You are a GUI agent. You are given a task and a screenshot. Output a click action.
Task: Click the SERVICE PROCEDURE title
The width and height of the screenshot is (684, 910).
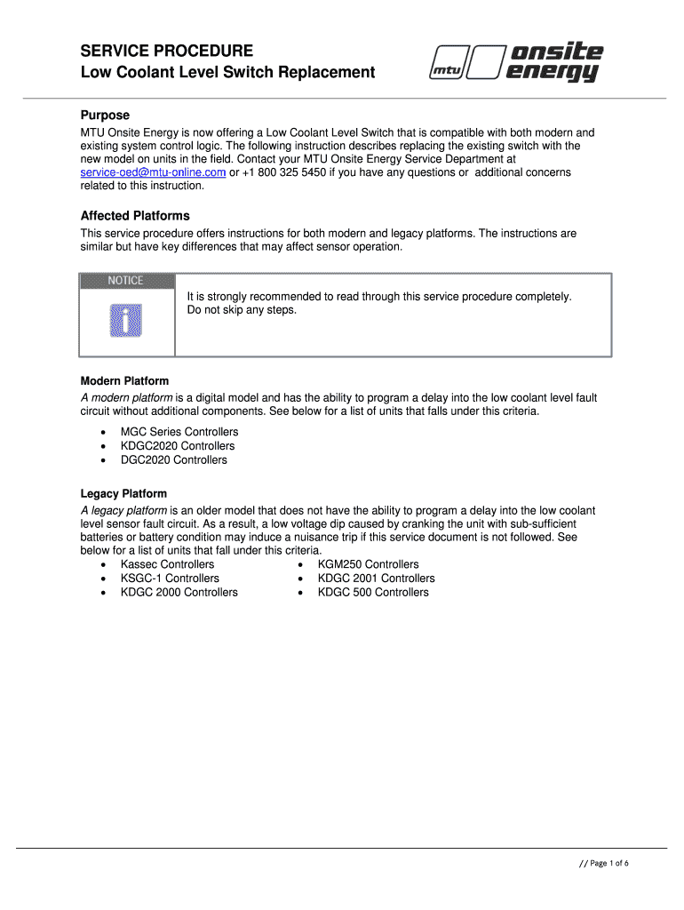[x=167, y=51]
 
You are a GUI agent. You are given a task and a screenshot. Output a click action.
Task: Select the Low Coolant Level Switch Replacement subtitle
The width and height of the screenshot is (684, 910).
[x=227, y=73]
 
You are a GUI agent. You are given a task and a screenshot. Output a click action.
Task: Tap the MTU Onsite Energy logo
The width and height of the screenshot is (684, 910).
[x=516, y=64]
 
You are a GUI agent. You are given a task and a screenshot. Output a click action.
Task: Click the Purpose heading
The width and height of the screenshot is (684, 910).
[x=105, y=116]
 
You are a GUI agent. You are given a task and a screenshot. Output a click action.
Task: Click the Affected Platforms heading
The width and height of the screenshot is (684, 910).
[x=135, y=216]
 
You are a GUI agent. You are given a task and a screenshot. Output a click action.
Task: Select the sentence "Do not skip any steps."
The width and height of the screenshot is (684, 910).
[x=242, y=310]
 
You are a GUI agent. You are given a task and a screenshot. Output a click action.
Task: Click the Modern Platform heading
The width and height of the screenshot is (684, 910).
[x=124, y=381]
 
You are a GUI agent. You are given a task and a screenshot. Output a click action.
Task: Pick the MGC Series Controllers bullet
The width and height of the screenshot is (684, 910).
[x=179, y=432]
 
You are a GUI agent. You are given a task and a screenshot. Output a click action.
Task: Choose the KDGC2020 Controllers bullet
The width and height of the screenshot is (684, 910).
[x=178, y=446]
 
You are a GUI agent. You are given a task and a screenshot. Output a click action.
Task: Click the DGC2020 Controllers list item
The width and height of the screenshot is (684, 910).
[x=174, y=460]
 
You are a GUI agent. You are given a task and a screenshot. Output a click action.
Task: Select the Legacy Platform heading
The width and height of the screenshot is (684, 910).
[x=123, y=493]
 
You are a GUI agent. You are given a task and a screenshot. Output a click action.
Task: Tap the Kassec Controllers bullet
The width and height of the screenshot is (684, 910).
[x=167, y=564]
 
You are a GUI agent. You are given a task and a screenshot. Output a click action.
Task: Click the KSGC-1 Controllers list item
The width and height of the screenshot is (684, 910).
[x=170, y=579]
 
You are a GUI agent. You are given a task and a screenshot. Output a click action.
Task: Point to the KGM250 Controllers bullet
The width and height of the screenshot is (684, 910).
[x=368, y=564]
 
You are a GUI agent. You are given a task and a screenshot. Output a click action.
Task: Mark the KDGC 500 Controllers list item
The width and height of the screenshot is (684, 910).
[x=373, y=593]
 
